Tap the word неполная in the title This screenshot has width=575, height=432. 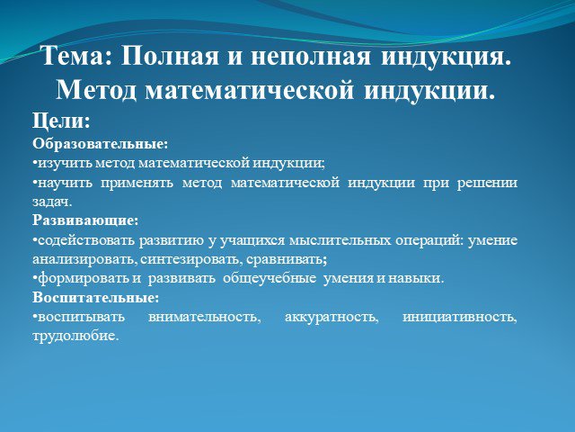coord(311,56)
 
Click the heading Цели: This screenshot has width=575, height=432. coord(61,121)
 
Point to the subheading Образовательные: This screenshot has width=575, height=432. coord(100,144)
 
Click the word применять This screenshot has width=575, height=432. coord(137,183)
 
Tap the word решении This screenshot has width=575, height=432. coord(487,183)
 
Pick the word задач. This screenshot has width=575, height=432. coord(52,202)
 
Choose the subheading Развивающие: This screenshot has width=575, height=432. coord(85,220)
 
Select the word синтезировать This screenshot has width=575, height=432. coord(190,259)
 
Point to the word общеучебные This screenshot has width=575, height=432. coord(270,278)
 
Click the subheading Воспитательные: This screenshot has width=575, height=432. coord(96,298)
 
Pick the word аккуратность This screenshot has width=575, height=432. coord(332,317)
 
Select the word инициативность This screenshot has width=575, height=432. coord(460,317)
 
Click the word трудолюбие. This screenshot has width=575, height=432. coord(75,336)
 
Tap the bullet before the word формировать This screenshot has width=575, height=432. coord(35,276)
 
